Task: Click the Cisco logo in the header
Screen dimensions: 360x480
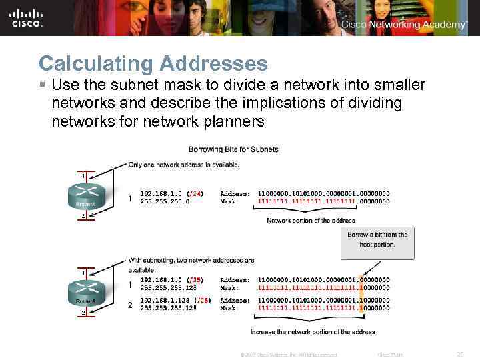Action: click(27, 18)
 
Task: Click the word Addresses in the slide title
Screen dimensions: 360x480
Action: click(213, 63)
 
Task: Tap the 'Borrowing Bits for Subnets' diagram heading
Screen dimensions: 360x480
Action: click(233, 149)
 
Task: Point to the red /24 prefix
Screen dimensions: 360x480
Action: click(195, 194)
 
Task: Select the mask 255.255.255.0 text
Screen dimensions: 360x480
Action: click(165, 201)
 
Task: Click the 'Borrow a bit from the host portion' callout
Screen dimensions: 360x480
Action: click(377, 240)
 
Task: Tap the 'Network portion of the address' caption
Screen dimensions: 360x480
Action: click(311, 220)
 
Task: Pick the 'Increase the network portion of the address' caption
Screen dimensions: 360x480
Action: click(312, 331)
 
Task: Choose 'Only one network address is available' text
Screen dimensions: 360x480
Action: click(184, 165)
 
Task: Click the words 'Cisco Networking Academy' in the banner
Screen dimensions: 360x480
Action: click(404, 25)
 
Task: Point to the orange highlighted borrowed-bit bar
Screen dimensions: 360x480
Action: click(361, 294)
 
